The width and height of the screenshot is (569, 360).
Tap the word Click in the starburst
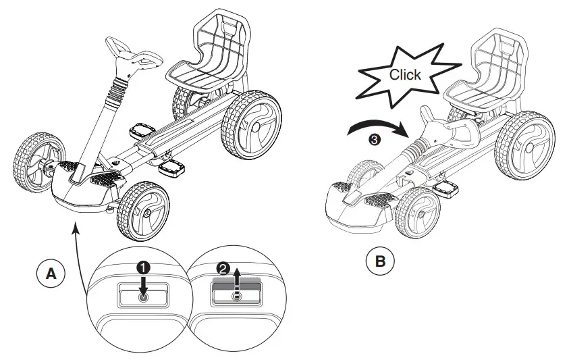tap(404, 74)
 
